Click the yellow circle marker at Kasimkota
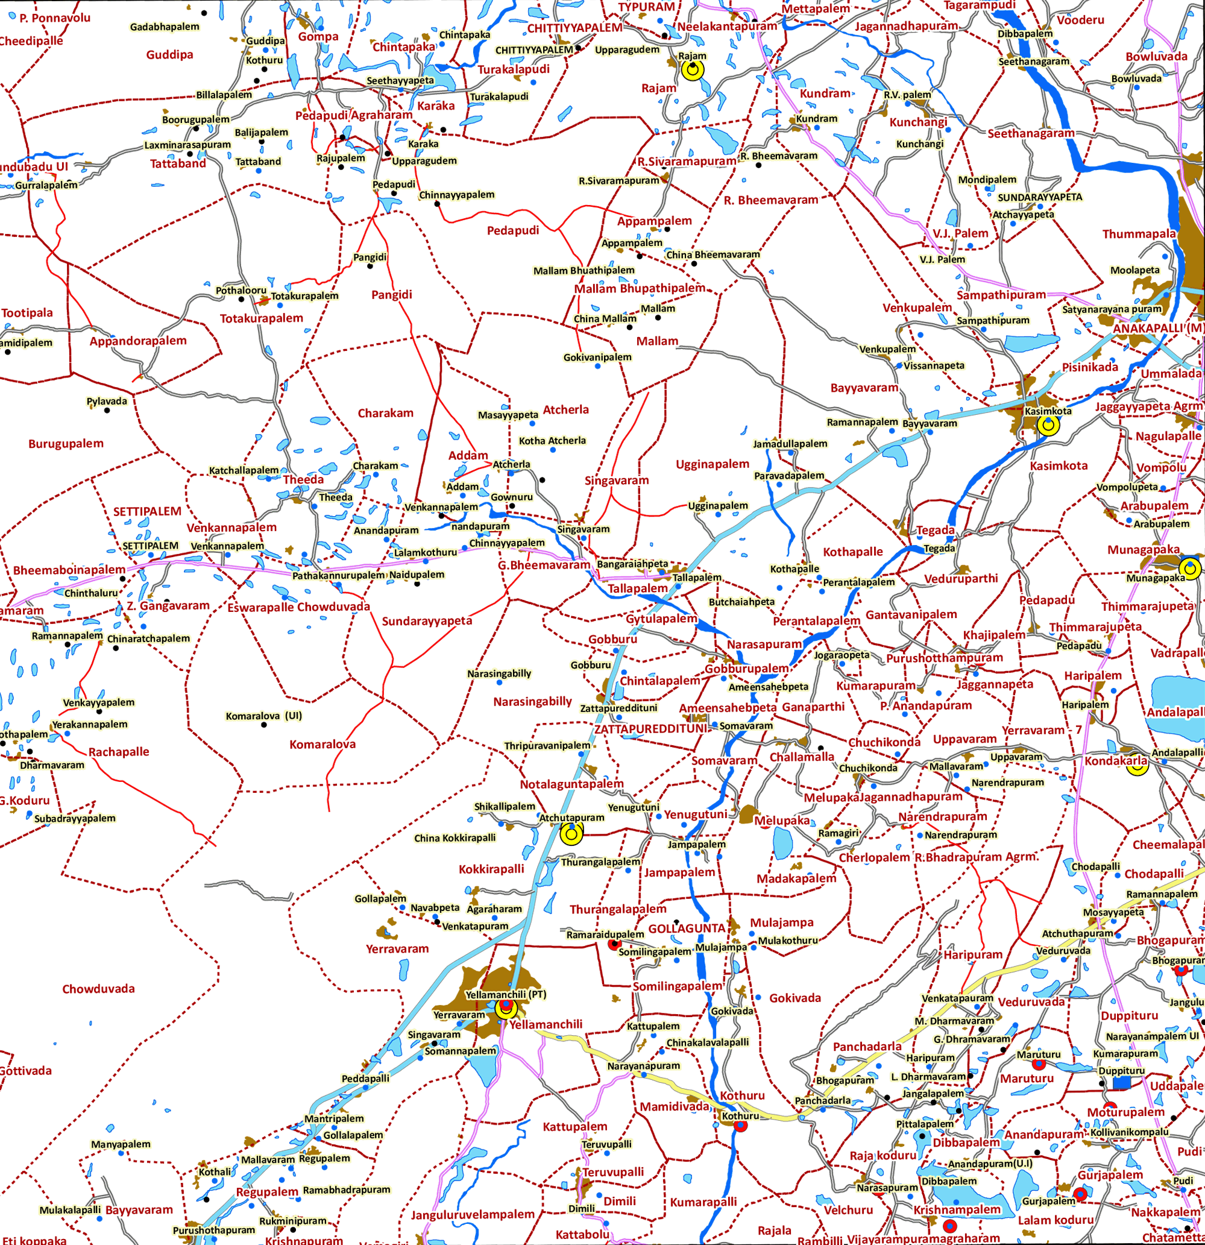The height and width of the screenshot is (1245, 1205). pos(1049,425)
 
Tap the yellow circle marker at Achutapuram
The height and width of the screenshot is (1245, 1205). pos(571,833)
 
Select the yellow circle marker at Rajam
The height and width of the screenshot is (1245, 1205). pos(693,70)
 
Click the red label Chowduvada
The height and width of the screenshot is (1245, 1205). pos(98,989)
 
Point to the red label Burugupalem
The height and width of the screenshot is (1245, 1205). pos(66,444)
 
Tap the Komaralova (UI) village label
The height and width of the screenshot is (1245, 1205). pos(263,716)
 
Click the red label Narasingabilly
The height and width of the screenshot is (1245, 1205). pos(532,702)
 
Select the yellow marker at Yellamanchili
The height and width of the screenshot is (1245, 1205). pos(506,1009)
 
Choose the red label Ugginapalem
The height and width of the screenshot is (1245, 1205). pos(712,464)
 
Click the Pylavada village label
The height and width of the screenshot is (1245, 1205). pos(107,402)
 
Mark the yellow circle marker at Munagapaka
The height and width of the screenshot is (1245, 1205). pos(1190,567)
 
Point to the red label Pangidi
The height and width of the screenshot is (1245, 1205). pos(391,295)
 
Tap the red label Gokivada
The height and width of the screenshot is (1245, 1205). pos(794,998)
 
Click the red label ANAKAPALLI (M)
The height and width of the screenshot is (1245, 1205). pos(1158,329)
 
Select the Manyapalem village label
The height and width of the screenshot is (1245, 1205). pos(121,1144)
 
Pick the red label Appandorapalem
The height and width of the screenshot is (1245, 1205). pos(138,341)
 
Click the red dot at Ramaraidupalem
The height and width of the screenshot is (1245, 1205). pos(614,945)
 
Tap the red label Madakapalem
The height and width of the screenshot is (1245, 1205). pos(796,878)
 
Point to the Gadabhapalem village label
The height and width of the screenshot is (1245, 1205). pos(165,27)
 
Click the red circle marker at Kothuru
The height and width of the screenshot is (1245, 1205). pos(740,1126)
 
